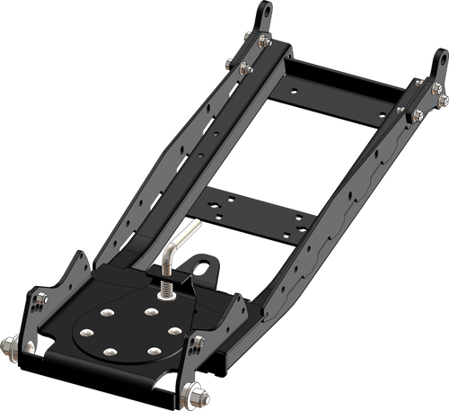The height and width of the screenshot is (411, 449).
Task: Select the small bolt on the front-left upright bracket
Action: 34,346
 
